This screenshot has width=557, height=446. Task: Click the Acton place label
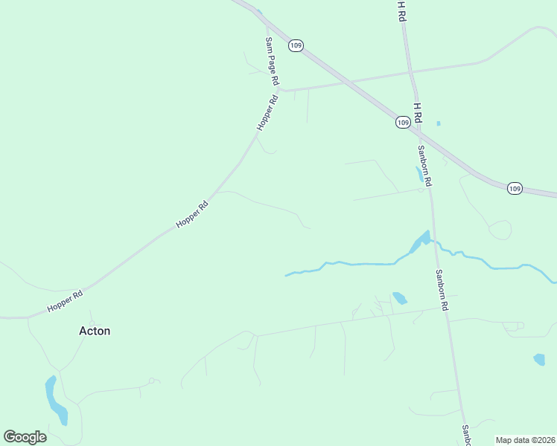95,331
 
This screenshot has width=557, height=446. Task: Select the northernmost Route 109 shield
296,45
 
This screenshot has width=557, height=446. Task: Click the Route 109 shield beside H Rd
403,122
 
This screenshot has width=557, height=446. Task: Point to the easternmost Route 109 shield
515,189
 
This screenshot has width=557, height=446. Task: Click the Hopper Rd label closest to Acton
65,300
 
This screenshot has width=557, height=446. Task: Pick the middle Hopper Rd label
191,213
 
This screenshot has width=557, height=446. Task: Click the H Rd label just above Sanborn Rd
417,113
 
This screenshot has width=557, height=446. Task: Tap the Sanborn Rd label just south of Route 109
424,165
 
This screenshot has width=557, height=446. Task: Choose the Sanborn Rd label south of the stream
443,290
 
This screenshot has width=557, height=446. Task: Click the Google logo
25,436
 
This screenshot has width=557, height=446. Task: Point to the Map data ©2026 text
525,440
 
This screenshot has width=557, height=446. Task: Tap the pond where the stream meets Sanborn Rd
420,241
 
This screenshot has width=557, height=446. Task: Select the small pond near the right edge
539,360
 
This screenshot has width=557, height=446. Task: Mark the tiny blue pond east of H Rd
438,123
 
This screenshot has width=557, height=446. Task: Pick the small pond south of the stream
400,298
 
